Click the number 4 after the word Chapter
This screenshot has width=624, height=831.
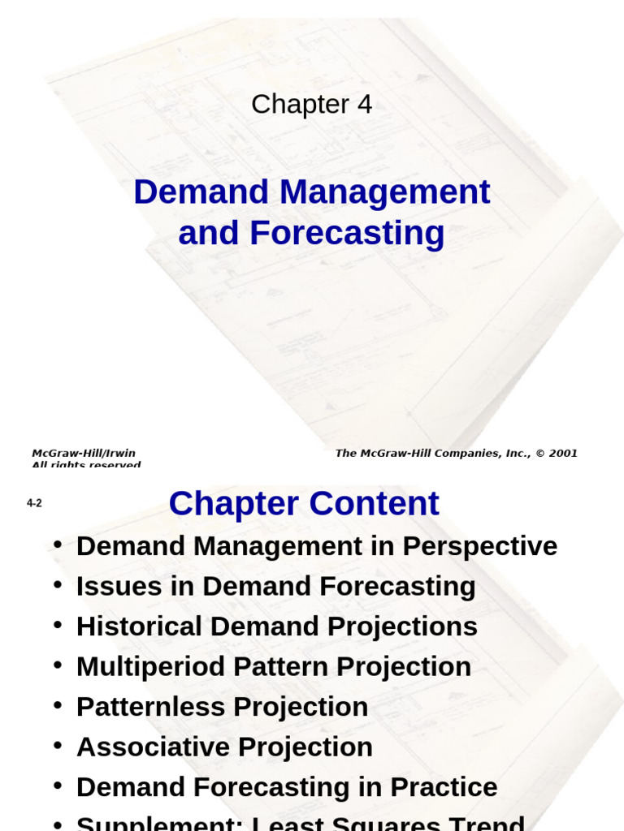(x=364, y=105)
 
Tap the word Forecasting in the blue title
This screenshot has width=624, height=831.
(x=347, y=233)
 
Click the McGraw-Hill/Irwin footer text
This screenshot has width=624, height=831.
(x=84, y=453)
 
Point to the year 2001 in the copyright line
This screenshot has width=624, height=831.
(x=562, y=453)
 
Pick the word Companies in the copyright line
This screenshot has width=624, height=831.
(x=461, y=453)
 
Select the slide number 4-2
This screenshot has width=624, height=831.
(x=34, y=503)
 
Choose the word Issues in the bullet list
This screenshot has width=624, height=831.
(x=109, y=587)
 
